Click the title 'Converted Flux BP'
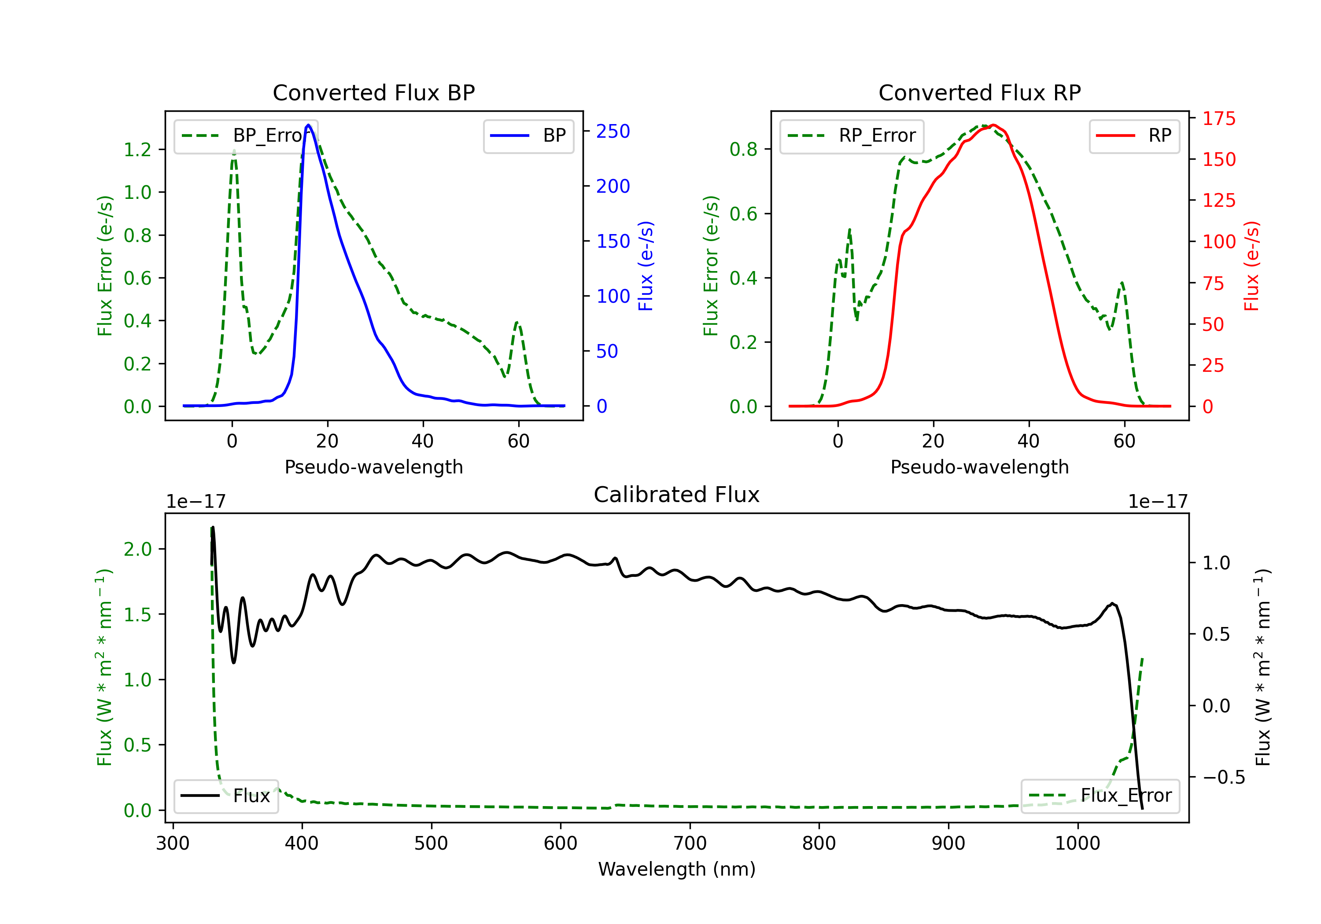(373, 92)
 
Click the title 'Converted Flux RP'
(979, 92)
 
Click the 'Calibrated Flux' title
(677, 495)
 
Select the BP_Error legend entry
(246, 136)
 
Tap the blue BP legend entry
(528, 136)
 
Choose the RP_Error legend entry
(852, 136)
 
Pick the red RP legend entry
(1133, 136)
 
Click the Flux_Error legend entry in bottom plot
(1100, 796)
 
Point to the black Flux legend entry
(225, 796)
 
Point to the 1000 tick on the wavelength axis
(1077, 843)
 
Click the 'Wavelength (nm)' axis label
(677, 869)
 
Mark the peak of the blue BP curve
(308, 125)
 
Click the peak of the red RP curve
(994, 125)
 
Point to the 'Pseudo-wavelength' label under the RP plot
(979, 467)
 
